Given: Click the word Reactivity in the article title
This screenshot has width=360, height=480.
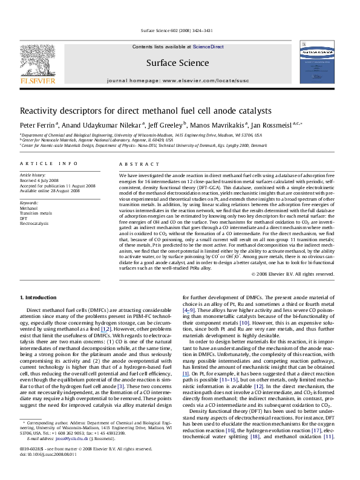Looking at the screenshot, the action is click(41, 112).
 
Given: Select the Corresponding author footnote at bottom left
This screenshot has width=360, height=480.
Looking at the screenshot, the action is click(48, 443).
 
